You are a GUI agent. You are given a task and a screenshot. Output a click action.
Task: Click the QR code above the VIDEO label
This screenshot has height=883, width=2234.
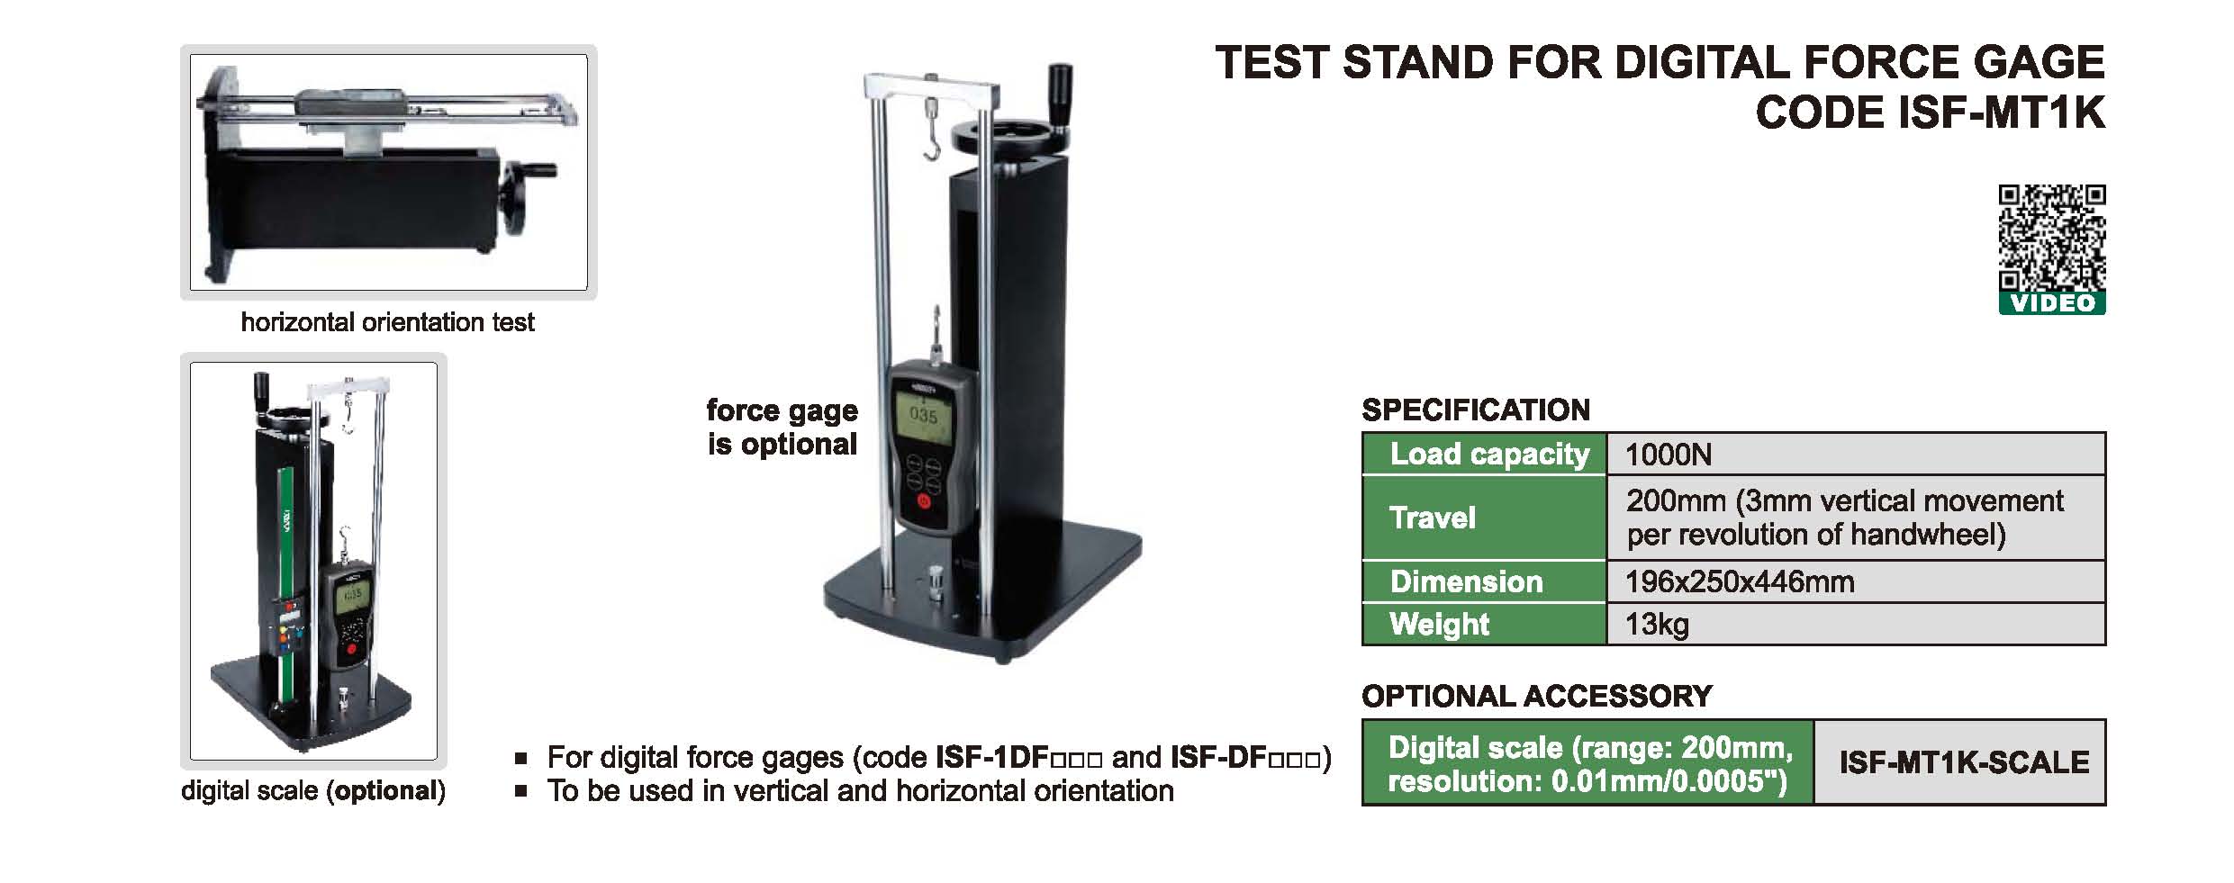2052,238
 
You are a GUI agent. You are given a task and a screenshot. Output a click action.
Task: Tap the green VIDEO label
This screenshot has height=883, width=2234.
2052,303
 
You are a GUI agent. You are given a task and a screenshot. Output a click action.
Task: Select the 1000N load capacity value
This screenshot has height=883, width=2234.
1669,455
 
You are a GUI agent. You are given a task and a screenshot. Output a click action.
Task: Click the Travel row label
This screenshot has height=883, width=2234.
1432,518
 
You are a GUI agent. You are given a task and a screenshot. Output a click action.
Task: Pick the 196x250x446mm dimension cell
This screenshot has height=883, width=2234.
1740,582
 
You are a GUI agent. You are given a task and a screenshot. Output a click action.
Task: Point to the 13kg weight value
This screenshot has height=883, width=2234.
1657,625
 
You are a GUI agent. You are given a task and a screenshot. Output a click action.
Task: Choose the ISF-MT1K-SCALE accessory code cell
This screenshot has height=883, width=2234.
1964,762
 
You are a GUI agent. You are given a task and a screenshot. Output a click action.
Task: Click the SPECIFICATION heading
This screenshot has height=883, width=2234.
1476,410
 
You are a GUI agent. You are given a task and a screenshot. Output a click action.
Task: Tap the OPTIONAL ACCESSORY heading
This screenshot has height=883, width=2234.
1537,696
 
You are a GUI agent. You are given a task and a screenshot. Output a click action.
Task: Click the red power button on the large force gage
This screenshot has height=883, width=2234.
924,501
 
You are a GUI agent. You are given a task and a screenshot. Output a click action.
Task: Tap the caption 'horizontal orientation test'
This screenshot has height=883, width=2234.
387,322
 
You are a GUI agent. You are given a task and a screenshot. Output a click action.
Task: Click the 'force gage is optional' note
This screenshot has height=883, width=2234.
782,428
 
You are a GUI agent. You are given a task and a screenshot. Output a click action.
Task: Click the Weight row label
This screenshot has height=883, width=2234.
1439,625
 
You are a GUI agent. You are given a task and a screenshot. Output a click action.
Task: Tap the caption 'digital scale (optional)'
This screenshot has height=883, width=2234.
313,791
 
